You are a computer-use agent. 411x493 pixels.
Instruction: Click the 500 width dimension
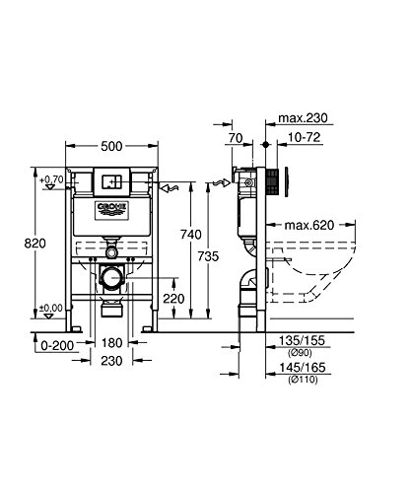tap(111, 146)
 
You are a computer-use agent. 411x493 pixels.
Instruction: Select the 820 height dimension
tap(35, 244)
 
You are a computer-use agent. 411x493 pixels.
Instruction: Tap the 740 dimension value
tap(191, 235)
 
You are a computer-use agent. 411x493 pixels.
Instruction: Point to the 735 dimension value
tap(208, 256)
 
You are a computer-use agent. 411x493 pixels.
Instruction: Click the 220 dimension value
tap(173, 299)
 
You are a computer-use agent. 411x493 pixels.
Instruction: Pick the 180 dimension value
tap(111, 343)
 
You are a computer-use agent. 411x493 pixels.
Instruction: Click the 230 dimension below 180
tap(111, 361)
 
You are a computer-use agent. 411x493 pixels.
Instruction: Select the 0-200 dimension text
tap(57, 345)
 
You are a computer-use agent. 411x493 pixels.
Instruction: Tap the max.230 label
tap(303, 117)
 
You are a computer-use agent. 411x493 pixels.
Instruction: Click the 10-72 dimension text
tap(304, 137)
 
